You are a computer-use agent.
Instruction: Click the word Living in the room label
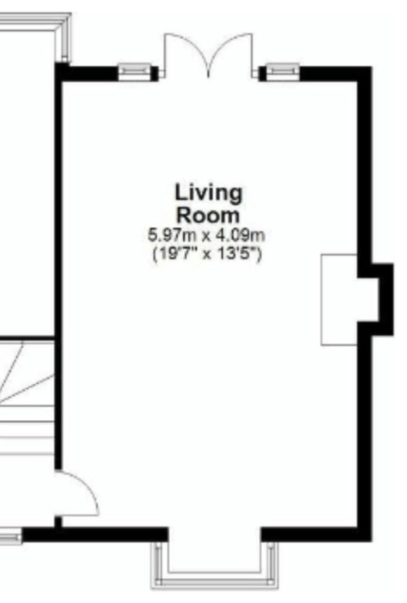[x=209, y=194]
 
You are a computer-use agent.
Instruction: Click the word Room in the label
[x=208, y=216]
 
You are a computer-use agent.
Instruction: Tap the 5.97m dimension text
[x=173, y=234]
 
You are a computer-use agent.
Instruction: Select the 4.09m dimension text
[x=239, y=234]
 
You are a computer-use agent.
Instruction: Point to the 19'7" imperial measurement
[x=176, y=254]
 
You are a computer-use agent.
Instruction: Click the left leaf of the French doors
[x=186, y=54]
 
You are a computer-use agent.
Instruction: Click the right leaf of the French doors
[x=230, y=54]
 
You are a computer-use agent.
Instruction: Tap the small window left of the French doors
[x=133, y=72]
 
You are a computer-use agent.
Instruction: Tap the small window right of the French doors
[x=282, y=72]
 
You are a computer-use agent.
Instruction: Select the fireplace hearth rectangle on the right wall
[x=339, y=300]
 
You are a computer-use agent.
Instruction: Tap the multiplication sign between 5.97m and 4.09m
[x=206, y=236]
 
